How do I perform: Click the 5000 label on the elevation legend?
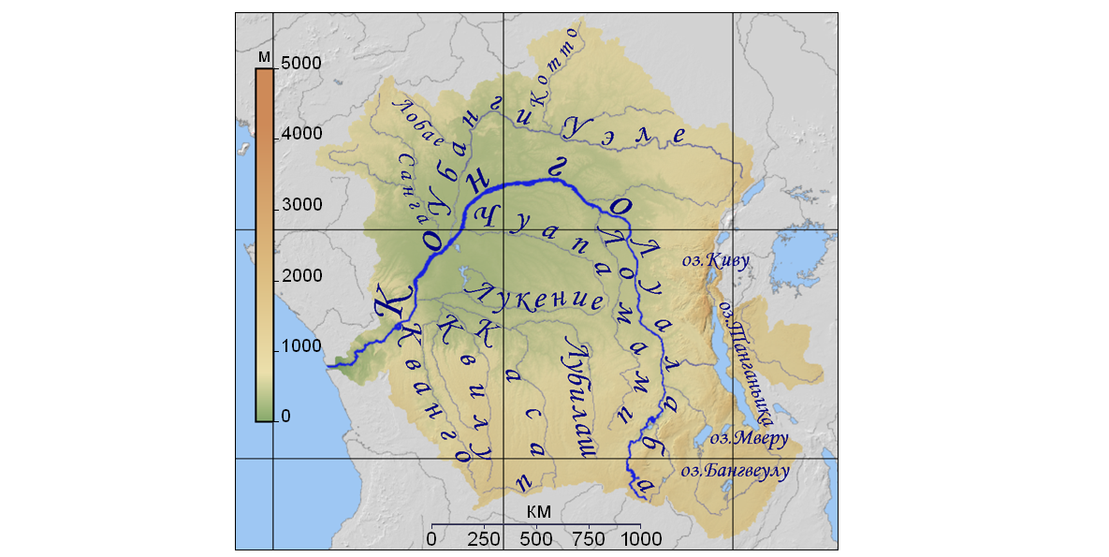tap(301, 63)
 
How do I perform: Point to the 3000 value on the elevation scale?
tap(301, 205)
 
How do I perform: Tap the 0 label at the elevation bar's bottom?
tap(285, 416)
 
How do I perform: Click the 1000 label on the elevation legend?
tap(301, 345)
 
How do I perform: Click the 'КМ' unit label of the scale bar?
tap(539, 511)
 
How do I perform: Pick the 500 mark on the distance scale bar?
tap(536, 539)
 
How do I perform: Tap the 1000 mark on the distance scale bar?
tap(642, 539)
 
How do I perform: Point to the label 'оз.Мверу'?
tap(749, 437)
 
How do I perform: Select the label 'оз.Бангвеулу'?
tap(735, 470)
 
